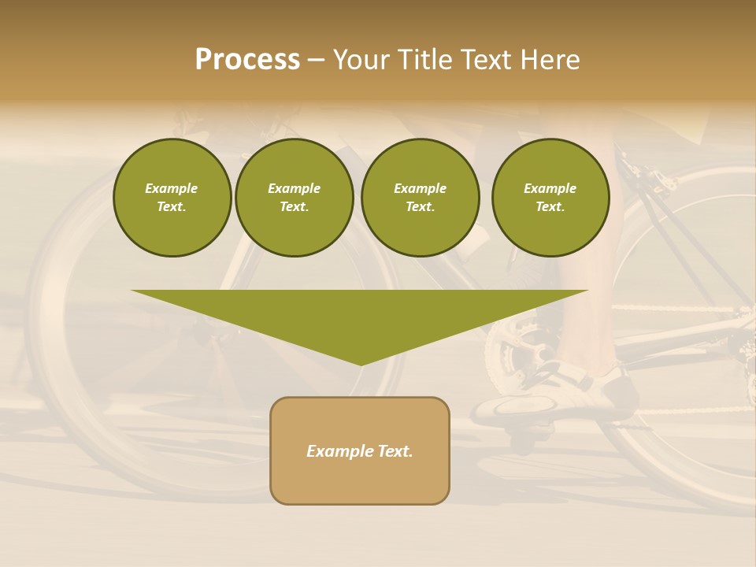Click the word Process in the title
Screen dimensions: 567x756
[x=247, y=60]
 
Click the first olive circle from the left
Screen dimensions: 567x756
[x=172, y=198]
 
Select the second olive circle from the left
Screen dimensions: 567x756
[x=295, y=198]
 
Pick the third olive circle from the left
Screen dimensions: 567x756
[x=420, y=198]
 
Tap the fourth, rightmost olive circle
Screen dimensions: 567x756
[x=550, y=198]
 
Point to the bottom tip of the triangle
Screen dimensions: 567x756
[x=361, y=364]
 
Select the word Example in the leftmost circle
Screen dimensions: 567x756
[x=172, y=188]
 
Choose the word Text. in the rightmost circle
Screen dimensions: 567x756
[x=550, y=207]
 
